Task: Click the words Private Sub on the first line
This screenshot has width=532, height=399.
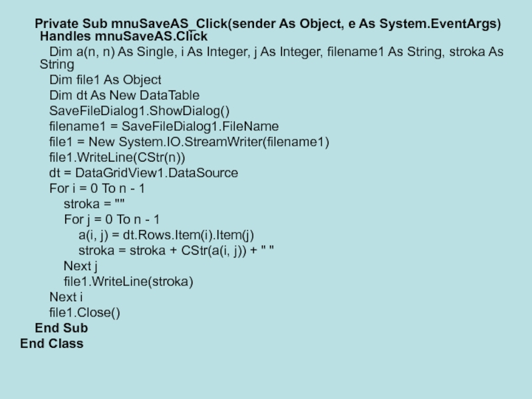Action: pyautogui.click(x=62, y=24)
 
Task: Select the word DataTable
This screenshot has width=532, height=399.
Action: pyautogui.click(x=168, y=96)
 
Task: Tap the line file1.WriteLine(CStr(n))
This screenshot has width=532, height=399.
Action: pyautogui.click(x=117, y=158)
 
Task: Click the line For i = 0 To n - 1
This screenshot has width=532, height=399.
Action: pyautogui.click(x=98, y=189)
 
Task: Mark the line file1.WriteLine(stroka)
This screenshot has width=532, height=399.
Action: pyautogui.click(x=128, y=282)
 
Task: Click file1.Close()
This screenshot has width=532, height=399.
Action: pyautogui.click(x=86, y=313)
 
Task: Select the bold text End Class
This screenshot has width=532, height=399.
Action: pyautogui.click(x=52, y=344)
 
